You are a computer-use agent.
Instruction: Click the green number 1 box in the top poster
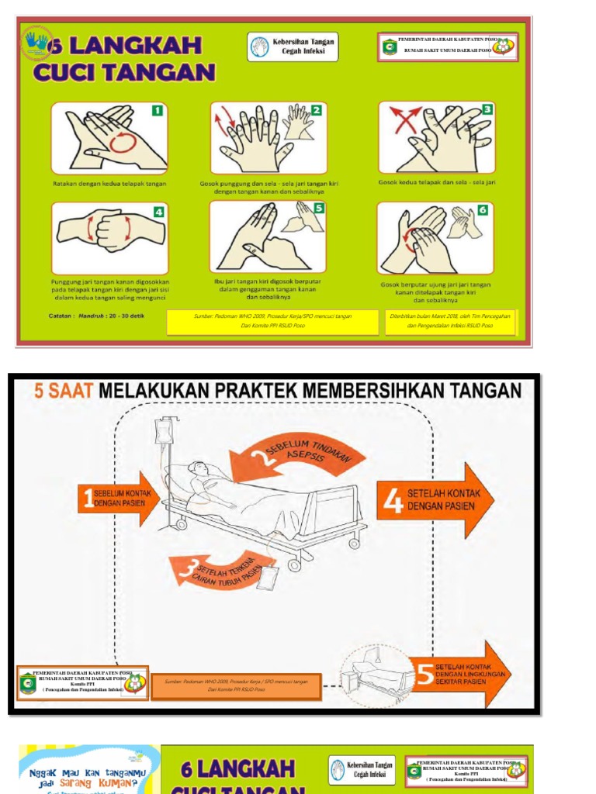(x=157, y=111)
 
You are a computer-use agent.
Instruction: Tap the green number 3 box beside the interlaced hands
(x=487, y=110)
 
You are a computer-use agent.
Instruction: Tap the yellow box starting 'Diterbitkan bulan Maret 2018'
(x=450, y=322)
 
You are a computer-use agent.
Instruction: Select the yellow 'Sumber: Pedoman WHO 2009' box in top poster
(x=272, y=322)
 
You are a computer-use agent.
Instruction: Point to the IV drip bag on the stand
(x=165, y=431)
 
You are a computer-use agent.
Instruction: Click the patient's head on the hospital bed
(x=199, y=469)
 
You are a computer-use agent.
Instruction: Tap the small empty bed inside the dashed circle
(x=380, y=671)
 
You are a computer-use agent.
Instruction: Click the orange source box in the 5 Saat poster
(x=236, y=686)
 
